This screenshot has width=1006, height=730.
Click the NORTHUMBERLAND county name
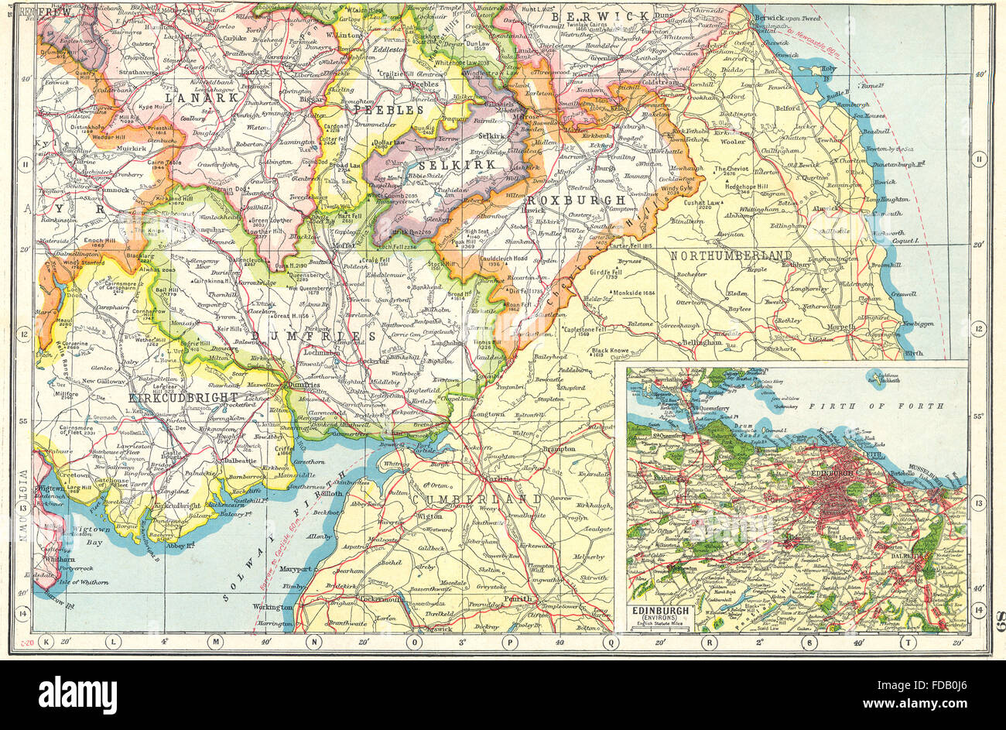[731, 255]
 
